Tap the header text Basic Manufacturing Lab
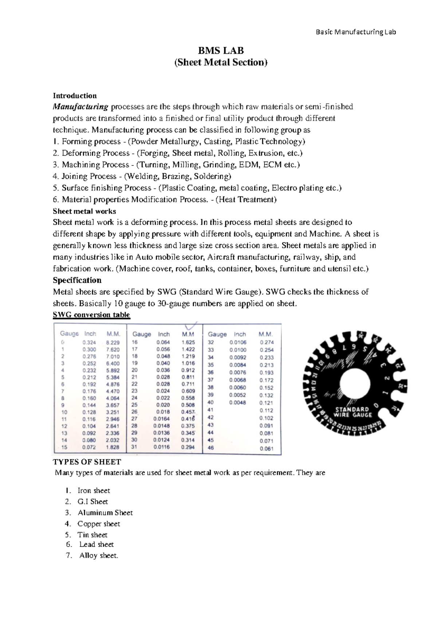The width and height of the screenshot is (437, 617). (x=355, y=32)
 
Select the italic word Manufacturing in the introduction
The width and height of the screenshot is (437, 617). (x=80, y=107)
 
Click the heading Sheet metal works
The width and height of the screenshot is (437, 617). (x=84, y=211)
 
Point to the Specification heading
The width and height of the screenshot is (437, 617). (x=77, y=280)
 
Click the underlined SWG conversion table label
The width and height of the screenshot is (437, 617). (x=91, y=315)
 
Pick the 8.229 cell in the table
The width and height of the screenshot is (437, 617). (x=113, y=342)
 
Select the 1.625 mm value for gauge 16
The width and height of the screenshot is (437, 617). (x=188, y=342)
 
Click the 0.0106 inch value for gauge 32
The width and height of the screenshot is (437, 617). (x=238, y=342)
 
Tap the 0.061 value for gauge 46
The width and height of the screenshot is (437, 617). (x=267, y=449)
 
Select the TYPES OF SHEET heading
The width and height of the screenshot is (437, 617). (x=87, y=462)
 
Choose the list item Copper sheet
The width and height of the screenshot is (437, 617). (x=99, y=524)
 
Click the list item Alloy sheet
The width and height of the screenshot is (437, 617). (x=99, y=556)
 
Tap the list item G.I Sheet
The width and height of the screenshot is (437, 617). (x=92, y=502)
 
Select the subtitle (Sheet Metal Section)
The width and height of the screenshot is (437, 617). (x=221, y=63)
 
